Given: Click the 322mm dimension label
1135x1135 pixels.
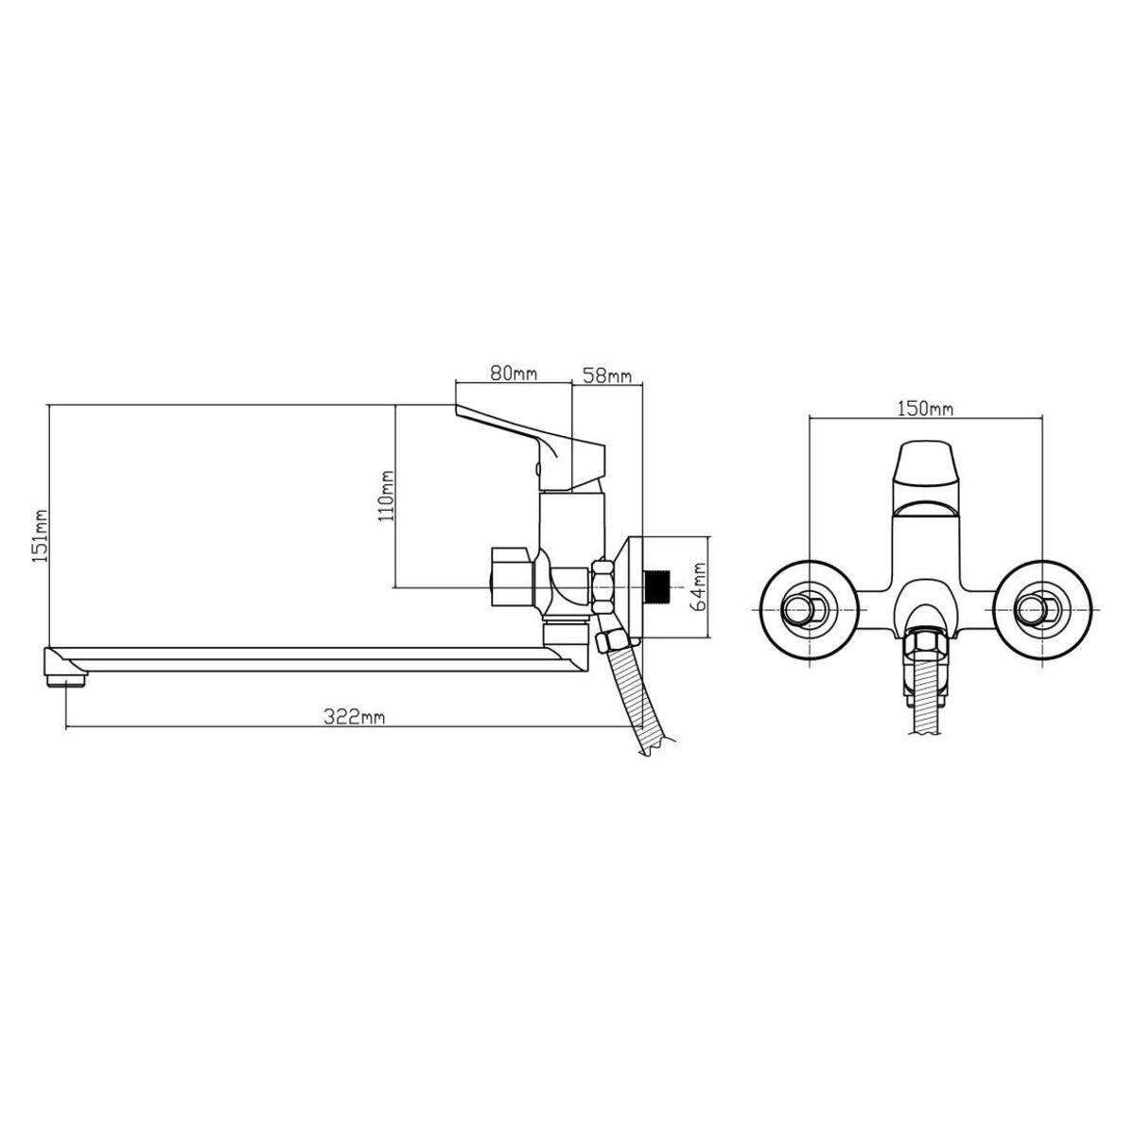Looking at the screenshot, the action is (x=354, y=716).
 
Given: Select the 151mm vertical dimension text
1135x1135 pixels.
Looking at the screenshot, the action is (x=40, y=536).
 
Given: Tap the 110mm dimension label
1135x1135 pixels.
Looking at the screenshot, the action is (x=387, y=496).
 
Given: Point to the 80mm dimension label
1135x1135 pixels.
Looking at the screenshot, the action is (x=513, y=374).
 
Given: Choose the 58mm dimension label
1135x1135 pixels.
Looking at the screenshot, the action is (x=606, y=375).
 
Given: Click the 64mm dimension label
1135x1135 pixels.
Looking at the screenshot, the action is (x=699, y=586).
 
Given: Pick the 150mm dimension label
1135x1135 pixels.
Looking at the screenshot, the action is (x=925, y=408).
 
